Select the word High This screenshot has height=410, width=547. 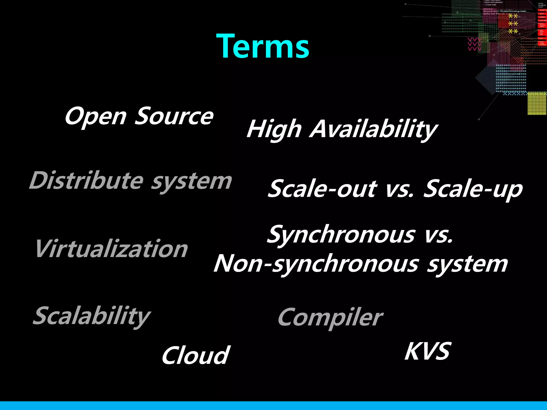[274, 129]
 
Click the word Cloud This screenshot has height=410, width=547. [195, 356]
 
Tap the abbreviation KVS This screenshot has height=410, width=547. [428, 352]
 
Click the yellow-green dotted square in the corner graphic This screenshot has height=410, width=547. [537, 103]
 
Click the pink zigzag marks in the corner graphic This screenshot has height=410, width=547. [474, 44]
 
